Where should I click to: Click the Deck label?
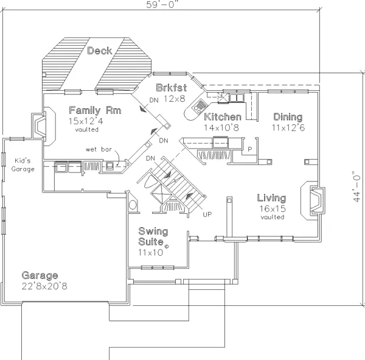[x=100, y=51]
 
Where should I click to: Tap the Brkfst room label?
[x=172, y=88]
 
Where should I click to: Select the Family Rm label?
[x=96, y=110]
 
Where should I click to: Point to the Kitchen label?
[x=223, y=117]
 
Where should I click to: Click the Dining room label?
[x=288, y=117]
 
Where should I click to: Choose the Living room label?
[x=272, y=198]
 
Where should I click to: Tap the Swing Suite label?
[x=153, y=236]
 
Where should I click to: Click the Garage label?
[x=40, y=275]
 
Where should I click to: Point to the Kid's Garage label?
[x=23, y=165]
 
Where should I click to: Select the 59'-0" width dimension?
[x=164, y=4]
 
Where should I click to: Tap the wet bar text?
[x=99, y=149]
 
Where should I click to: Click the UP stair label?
[x=207, y=214]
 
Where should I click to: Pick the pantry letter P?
[x=250, y=149]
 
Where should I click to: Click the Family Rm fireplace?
[x=43, y=126]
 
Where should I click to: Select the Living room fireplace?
[x=313, y=200]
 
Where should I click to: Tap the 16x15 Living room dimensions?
[x=273, y=209]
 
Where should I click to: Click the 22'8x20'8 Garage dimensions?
[x=44, y=286]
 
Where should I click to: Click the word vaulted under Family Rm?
[x=87, y=130]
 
